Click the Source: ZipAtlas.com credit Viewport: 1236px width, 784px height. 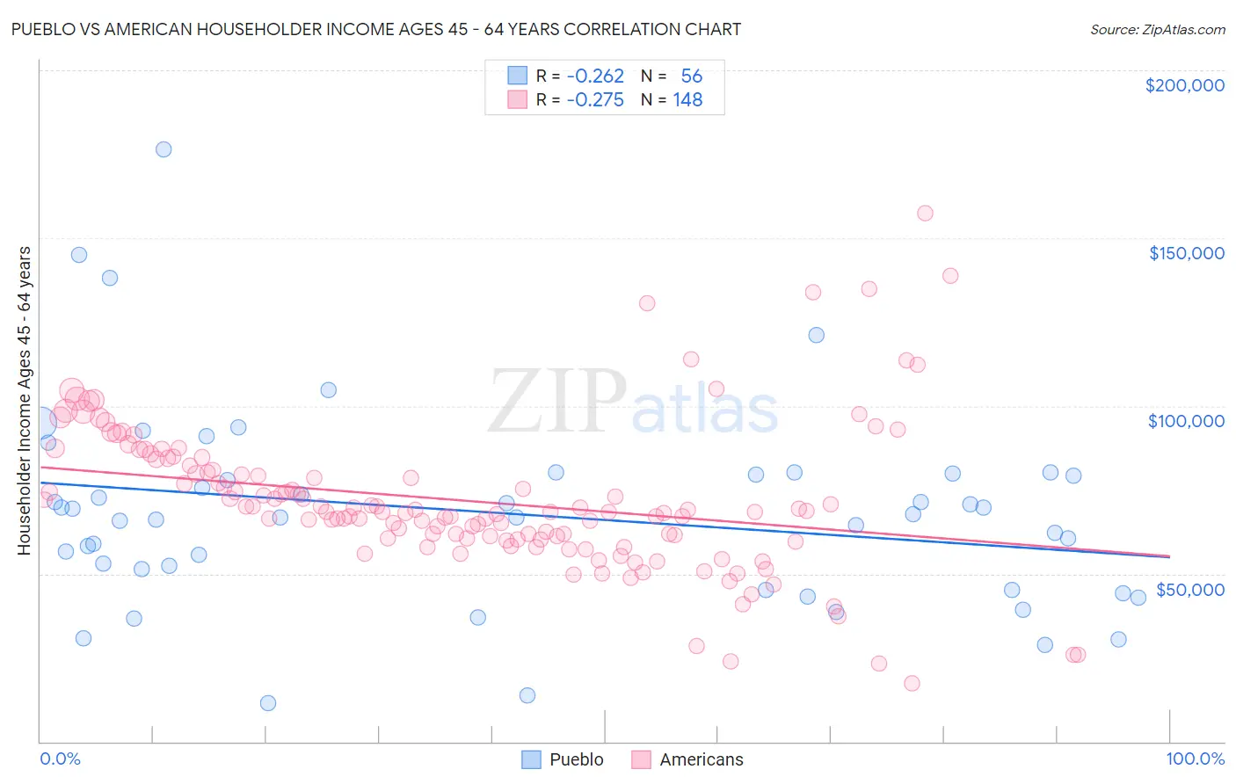1157,29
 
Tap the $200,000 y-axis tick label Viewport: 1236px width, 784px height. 1184,85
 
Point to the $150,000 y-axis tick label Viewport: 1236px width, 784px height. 1186,253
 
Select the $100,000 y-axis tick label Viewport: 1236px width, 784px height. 1186,421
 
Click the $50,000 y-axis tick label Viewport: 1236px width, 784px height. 1189,589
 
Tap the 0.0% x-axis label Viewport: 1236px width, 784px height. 60,759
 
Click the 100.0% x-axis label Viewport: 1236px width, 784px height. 1195,759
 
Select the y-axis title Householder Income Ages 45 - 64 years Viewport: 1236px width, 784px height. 25,401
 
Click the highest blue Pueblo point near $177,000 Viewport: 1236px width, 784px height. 164,149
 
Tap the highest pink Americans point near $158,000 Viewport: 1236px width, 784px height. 925,213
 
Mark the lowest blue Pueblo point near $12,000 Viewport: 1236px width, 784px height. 268,703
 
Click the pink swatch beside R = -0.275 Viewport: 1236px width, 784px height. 518,100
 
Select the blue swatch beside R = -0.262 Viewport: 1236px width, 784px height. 518,76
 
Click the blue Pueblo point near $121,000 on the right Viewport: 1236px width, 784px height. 816,335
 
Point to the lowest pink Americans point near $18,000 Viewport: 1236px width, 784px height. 912,684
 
